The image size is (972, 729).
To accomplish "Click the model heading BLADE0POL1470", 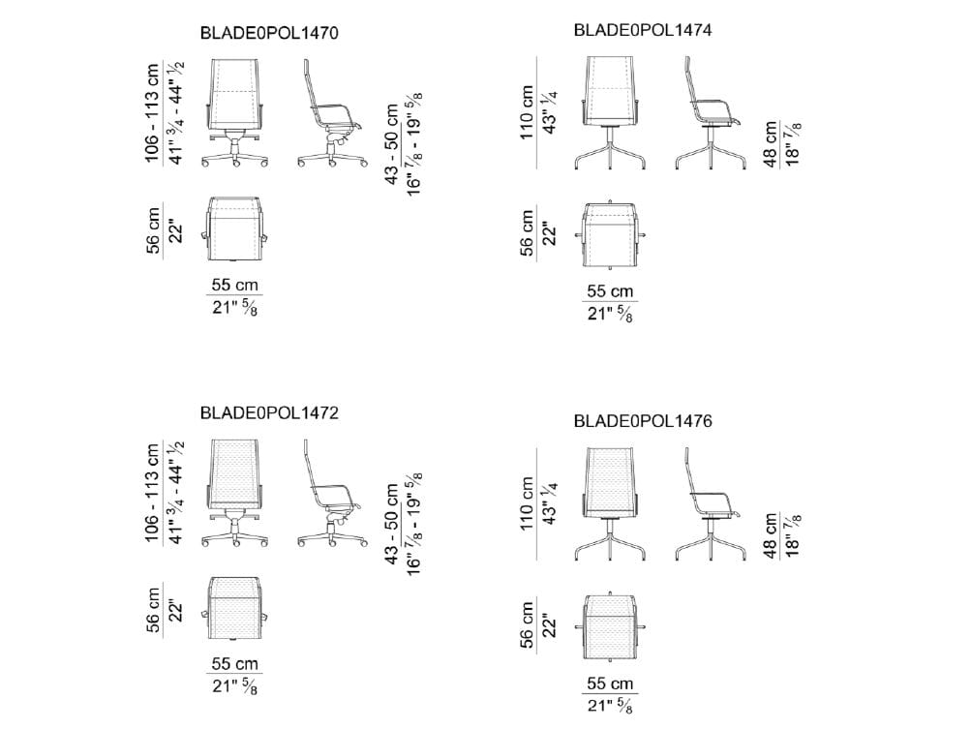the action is [x=269, y=34].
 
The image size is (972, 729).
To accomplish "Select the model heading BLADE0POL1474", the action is [x=643, y=30].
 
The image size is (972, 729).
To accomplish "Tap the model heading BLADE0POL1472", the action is [x=269, y=412].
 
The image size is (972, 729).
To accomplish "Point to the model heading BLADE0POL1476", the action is [x=643, y=421].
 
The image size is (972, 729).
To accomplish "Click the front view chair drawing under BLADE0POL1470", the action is [x=235, y=113].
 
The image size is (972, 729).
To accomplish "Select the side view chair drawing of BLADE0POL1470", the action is [x=332, y=113].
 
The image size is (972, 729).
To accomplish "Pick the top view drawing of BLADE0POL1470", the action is [x=235, y=229].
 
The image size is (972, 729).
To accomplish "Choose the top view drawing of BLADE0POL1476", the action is [x=611, y=627].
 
